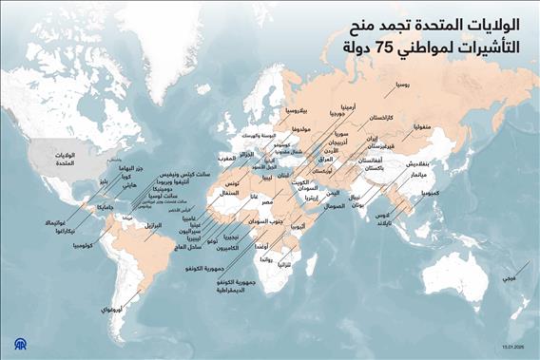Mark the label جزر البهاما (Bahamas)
(x=130, y=169)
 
